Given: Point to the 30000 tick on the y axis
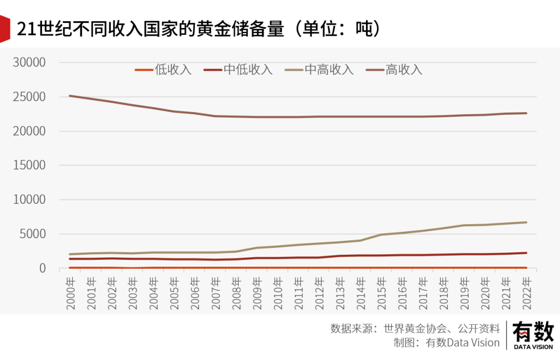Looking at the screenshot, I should pos(30,62).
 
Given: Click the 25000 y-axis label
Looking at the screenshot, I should pos(30,96).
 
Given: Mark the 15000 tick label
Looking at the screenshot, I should pos(30,165).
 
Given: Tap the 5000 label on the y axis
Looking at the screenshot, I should pos(34,233).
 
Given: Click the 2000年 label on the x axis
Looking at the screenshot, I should pos(71,293).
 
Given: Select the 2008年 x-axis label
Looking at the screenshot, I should pos(237,293).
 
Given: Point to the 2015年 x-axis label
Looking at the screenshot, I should pos(382,293).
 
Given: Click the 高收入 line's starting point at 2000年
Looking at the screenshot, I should pos(70,96).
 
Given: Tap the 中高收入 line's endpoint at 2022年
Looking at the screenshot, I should pos(526,223).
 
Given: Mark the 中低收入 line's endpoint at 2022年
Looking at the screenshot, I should pos(526,253).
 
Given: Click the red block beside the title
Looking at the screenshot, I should pos(5,29).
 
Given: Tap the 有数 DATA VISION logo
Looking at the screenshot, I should pos(533,335).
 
